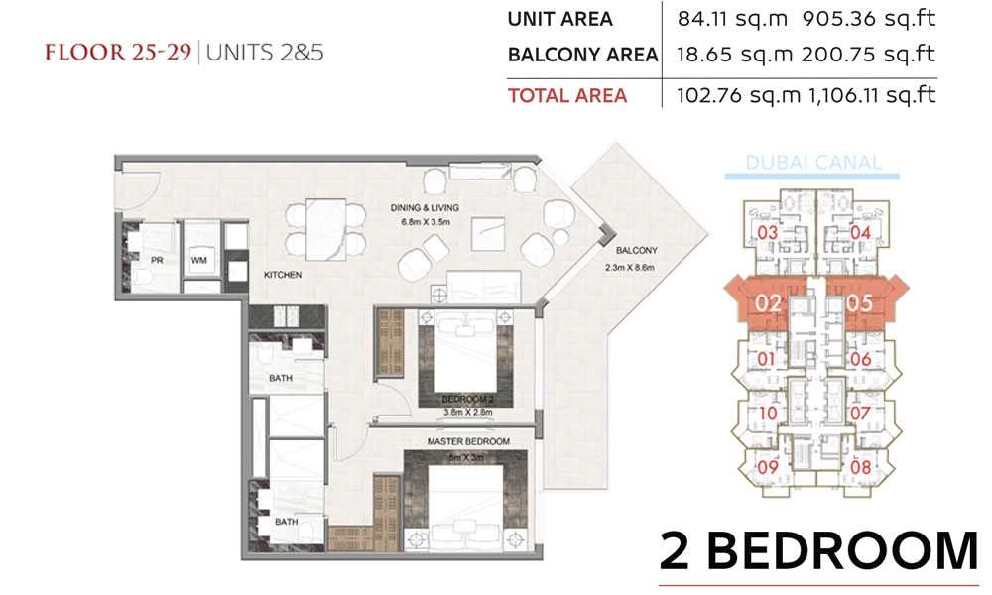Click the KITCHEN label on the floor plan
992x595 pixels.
click(282, 275)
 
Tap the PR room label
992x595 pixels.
click(157, 260)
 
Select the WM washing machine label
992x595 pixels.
click(198, 260)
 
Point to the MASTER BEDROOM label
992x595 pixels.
click(468, 441)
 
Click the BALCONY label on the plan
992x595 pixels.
click(637, 250)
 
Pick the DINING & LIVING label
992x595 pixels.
click(425, 208)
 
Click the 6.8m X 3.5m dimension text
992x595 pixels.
click(426, 222)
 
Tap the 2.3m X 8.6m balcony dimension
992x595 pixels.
click(630, 268)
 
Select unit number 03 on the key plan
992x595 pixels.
click(767, 233)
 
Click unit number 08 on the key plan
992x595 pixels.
click(860, 468)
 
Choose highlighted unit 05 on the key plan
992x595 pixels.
click(860, 303)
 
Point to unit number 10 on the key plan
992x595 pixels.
click(768, 414)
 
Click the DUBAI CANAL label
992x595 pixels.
click(813, 163)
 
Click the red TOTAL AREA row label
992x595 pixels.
click(567, 95)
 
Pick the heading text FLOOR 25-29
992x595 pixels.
click(118, 52)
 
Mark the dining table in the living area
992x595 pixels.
click(325, 229)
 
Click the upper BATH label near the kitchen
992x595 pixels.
click(281, 378)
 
